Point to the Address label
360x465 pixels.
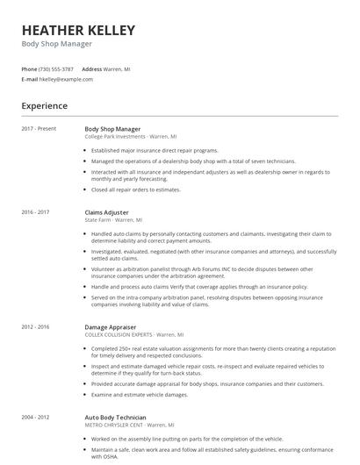(92, 68)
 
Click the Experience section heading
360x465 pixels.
(45, 106)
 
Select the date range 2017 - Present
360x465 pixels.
(40, 129)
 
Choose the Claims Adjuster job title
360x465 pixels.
(106, 212)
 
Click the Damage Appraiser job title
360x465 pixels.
(111, 326)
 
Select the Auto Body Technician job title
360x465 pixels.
(115, 417)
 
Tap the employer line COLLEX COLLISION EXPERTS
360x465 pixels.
(133, 334)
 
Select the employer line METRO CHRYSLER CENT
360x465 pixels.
(127, 425)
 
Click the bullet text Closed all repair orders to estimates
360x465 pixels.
(148, 189)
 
